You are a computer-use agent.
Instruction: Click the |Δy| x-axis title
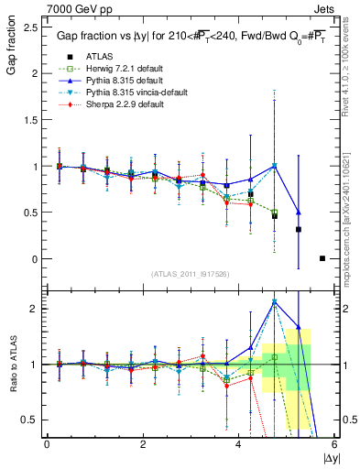click(332, 456)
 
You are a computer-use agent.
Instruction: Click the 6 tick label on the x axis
click(334, 444)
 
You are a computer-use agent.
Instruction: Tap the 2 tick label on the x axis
click(143, 444)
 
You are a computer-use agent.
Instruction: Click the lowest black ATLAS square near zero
click(322, 258)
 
